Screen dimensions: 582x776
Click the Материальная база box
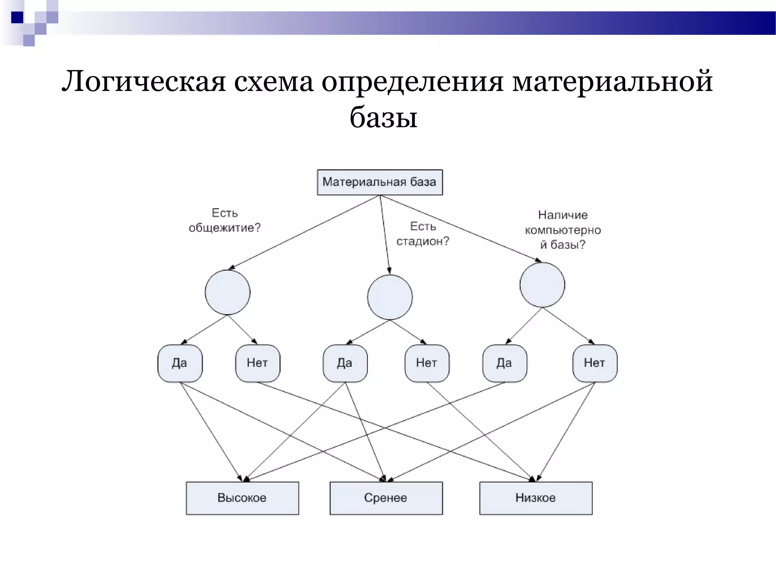[380, 182]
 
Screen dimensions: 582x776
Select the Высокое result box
[242, 498]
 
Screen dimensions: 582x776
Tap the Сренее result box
[386, 498]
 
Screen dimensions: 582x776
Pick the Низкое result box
[535, 498]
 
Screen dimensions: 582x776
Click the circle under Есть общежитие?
[227, 292]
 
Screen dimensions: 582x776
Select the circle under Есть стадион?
[390, 297]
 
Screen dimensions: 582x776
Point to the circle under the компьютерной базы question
[542, 285]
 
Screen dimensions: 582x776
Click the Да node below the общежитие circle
[180, 363]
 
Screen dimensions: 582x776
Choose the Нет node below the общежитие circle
[257, 363]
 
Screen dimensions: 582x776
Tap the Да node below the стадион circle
[345, 363]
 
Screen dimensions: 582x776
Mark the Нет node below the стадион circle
[427, 363]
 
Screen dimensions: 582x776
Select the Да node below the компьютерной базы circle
[504, 363]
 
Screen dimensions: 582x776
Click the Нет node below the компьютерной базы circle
[595, 363]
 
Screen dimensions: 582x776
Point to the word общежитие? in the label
[225, 228]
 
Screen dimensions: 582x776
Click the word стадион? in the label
[422, 241]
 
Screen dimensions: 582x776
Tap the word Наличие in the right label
[563, 215]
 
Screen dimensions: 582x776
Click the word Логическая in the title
[144, 82]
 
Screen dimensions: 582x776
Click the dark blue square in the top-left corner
[17, 17]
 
